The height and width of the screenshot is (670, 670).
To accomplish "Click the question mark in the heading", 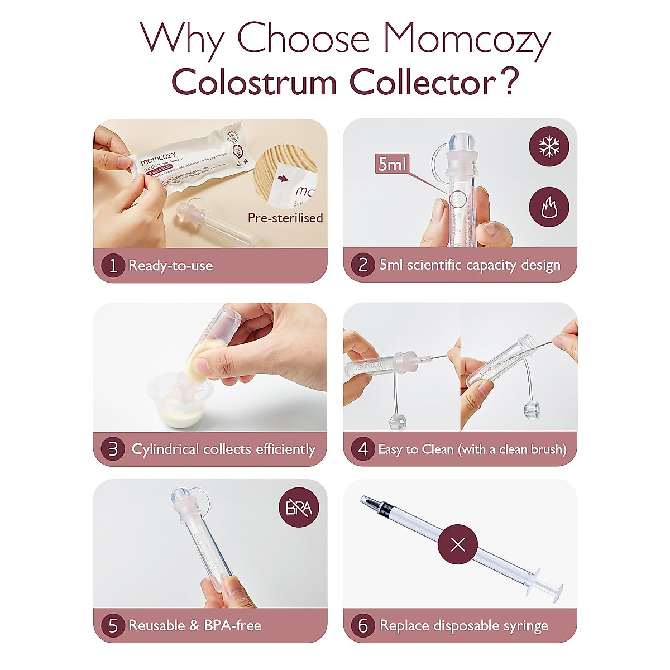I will click(508, 82).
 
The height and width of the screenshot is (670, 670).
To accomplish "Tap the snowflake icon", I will click(549, 146).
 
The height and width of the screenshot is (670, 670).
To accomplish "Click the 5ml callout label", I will click(393, 164).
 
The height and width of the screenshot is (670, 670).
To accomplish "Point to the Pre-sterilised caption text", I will click(285, 218).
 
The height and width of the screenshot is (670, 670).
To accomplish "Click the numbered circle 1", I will click(113, 265).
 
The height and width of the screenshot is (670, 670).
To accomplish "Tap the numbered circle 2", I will click(362, 265).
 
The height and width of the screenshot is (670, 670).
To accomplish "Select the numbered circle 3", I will click(113, 449).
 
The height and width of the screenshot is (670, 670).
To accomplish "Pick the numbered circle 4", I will click(363, 449).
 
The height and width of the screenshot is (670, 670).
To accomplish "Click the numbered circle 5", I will click(113, 625).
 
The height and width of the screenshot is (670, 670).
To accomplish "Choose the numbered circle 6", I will click(363, 625).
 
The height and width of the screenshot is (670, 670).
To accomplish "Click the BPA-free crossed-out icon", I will click(299, 508).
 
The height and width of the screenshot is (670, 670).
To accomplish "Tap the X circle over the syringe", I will click(457, 544).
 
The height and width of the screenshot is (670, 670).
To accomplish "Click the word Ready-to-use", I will click(170, 265).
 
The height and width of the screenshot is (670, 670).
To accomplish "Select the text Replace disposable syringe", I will click(463, 626).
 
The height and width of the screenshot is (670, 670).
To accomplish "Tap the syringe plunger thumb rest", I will click(553, 588).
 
